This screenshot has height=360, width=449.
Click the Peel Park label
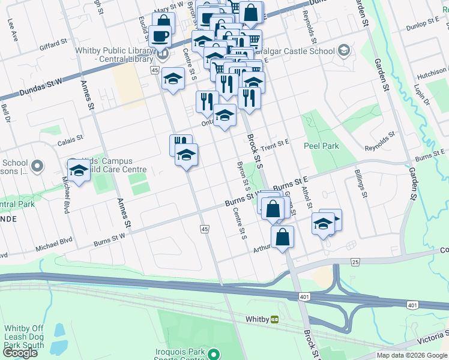point(321,146)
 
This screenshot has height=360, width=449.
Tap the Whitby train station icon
point(275,319)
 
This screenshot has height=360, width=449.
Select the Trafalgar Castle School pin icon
point(344,51)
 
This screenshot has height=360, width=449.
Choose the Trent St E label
point(276,144)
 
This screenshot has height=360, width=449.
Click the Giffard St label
point(53,43)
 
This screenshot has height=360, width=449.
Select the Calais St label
point(70,141)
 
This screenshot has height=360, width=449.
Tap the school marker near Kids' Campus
point(78,170)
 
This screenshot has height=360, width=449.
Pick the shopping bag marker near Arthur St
point(282,237)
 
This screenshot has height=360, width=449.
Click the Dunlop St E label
point(423,25)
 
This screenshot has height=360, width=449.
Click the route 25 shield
point(355,262)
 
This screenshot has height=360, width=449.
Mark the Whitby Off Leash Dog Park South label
point(25,337)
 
